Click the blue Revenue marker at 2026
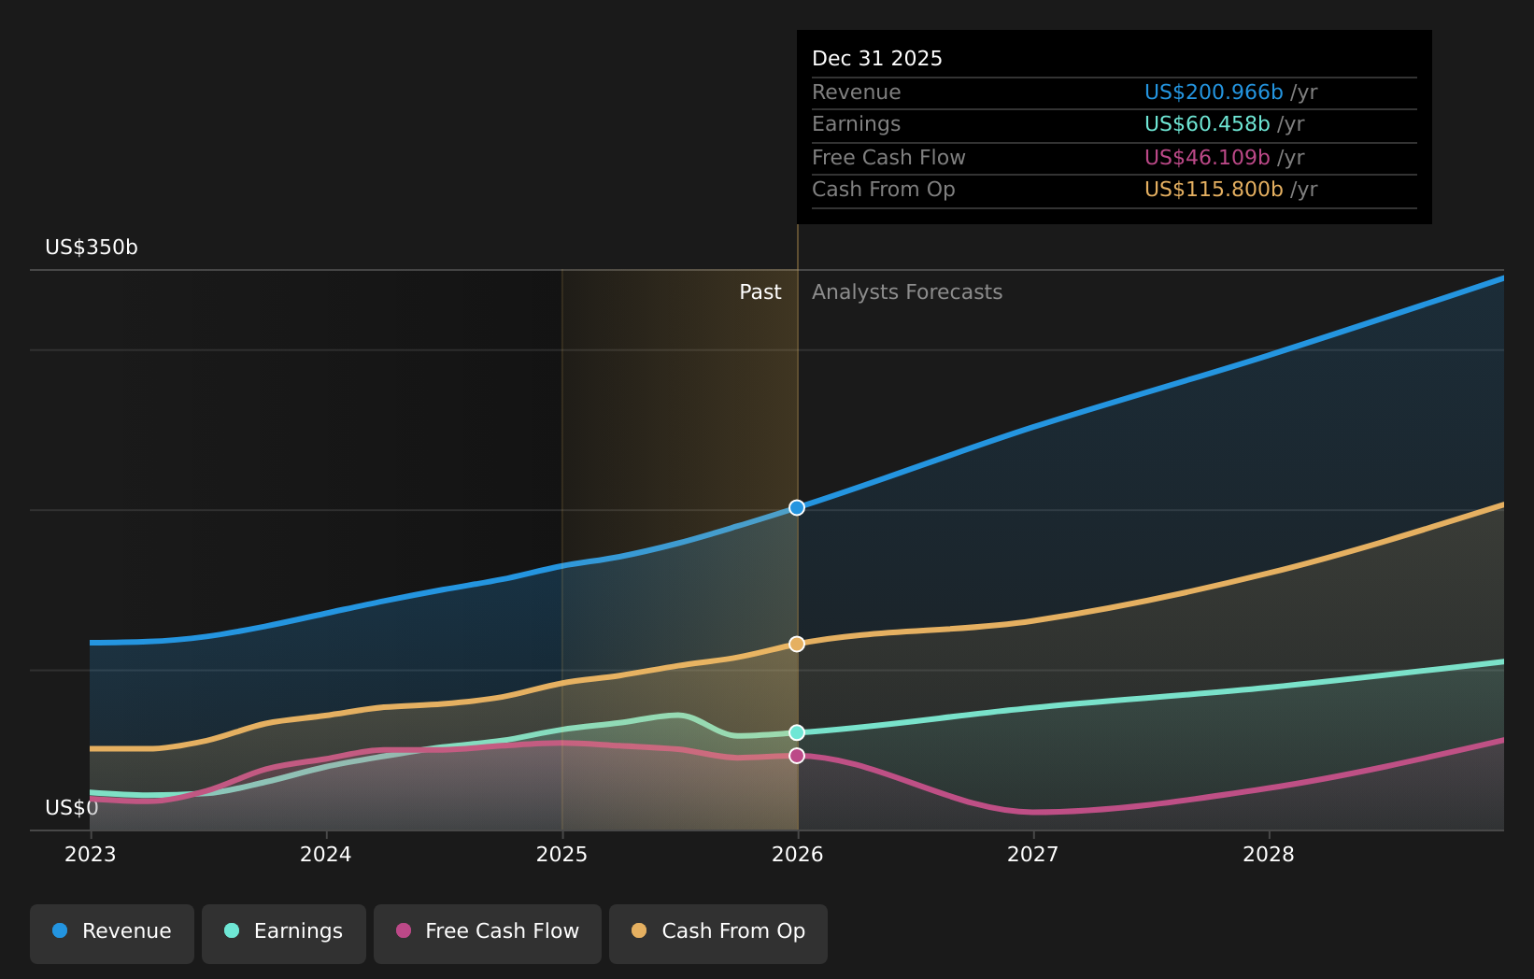(x=797, y=508)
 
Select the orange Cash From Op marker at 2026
(x=797, y=645)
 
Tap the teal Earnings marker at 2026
(x=797, y=733)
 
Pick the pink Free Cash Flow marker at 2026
(x=797, y=756)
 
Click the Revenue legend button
(x=112, y=931)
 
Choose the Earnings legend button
(x=284, y=931)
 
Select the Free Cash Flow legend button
(x=488, y=931)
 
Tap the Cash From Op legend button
(x=718, y=931)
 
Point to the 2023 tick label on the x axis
(x=91, y=855)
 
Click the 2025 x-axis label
(x=561, y=855)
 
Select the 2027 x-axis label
(x=1033, y=855)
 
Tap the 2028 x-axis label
(x=1269, y=855)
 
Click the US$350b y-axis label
(x=92, y=248)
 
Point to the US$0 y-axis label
(x=71, y=808)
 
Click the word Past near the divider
(x=760, y=292)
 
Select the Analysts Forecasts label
(x=906, y=292)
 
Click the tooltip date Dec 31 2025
(x=876, y=59)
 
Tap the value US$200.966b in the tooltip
(x=1213, y=92)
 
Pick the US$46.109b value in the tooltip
(x=1206, y=158)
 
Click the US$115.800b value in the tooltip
(x=1213, y=190)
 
